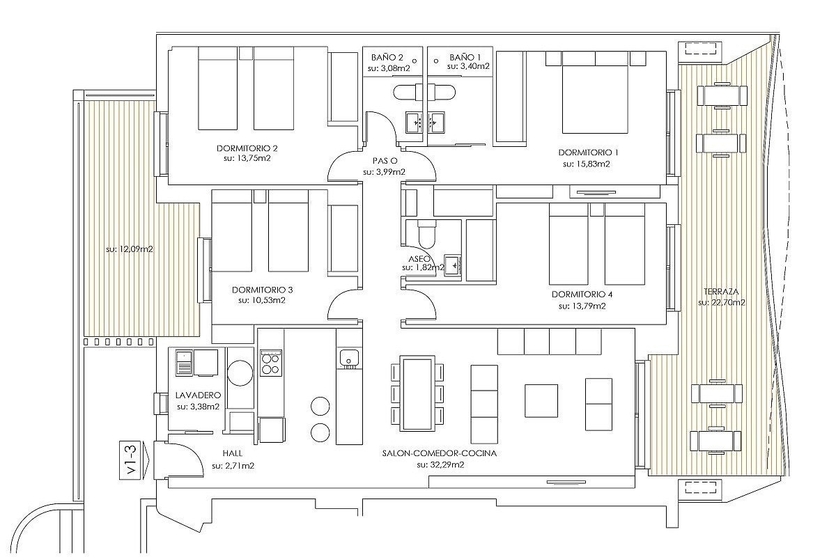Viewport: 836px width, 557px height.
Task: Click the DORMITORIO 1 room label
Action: [588, 152]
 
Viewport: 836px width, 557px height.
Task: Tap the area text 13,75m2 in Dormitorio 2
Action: [253, 158]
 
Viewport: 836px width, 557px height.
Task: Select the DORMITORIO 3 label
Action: [263, 290]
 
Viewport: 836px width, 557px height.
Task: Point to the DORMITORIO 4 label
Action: [582, 295]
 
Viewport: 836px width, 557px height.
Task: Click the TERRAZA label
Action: [721, 291]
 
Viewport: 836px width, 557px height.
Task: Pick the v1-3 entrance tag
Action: [132, 460]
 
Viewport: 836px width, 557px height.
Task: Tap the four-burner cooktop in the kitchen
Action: [271, 363]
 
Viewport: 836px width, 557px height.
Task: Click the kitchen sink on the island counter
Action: [349, 359]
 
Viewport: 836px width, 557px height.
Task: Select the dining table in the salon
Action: [417, 393]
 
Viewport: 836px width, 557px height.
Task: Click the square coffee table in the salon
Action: [541, 400]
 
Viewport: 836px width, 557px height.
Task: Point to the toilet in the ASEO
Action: [426, 235]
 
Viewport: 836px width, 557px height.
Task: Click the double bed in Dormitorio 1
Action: [595, 93]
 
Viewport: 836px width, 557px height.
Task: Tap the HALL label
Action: [233, 453]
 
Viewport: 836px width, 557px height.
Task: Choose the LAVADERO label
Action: [198, 395]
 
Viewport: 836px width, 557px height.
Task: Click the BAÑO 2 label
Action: [387, 58]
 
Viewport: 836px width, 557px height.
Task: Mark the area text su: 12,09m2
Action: [130, 249]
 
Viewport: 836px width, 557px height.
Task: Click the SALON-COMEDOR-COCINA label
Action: [440, 453]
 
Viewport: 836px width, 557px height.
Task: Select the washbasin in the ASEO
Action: [453, 265]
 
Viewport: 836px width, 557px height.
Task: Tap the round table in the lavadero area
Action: [241, 372]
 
